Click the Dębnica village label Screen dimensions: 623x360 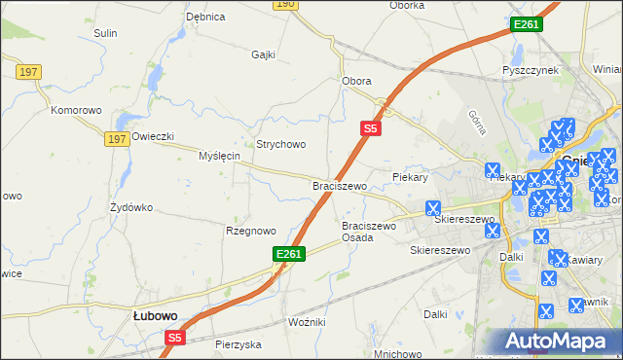tap(205, 17)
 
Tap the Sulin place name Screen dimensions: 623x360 tap(105, 33)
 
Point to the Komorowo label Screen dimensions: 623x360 tap(77, 110)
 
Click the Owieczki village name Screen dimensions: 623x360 tap(153, 136)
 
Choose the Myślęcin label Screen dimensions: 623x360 tap(219, 156)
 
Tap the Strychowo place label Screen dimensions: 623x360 tap(281, 144)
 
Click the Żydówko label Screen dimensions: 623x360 tap(131, 207)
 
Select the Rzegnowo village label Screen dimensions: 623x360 tap(250, 231)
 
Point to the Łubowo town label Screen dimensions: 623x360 tap(155, 316)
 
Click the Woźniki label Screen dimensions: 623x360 tap(307, 321)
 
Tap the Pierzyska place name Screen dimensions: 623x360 tap(239, 344)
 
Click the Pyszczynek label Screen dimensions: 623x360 tap(530, 71)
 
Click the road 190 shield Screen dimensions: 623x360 tap(284, 4)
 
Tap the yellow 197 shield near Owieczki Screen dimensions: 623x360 tap(118, 139)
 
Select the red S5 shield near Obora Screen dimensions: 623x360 tap(370, 127)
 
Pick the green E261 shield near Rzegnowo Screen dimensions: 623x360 tap(289, 254)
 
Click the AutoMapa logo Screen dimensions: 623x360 tap(558, 341)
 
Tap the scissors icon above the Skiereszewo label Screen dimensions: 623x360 tap(433, 208)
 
